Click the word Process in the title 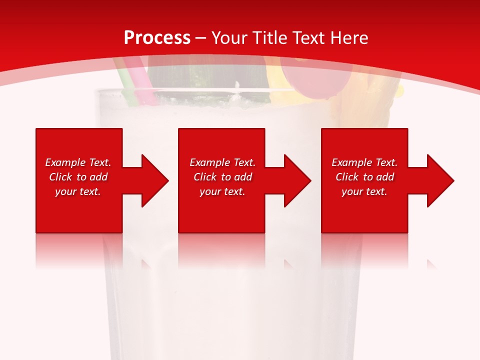pos(157,38)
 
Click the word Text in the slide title pos(307,38)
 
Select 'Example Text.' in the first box pos(78,162)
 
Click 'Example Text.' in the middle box pos(222,162)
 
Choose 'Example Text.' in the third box pos(364,162)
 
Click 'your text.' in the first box pos(78,191)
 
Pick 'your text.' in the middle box pos(222,191)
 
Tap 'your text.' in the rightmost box pos(364,191)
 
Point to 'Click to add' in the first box pos(78,177)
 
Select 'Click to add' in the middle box pos(222,177)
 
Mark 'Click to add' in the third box pos(364,177)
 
